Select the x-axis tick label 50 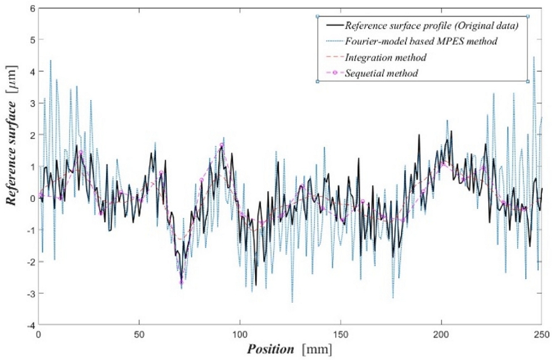(139, 334)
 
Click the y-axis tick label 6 (31, 8)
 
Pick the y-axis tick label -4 (29, 324)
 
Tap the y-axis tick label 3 (31, 103)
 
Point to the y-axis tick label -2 (29, 261)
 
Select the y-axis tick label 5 (31, 39)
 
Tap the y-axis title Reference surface (11, 165)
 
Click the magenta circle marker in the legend (332, 74)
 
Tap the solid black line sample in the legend (332, 26)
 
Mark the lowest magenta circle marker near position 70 (181, 282)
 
